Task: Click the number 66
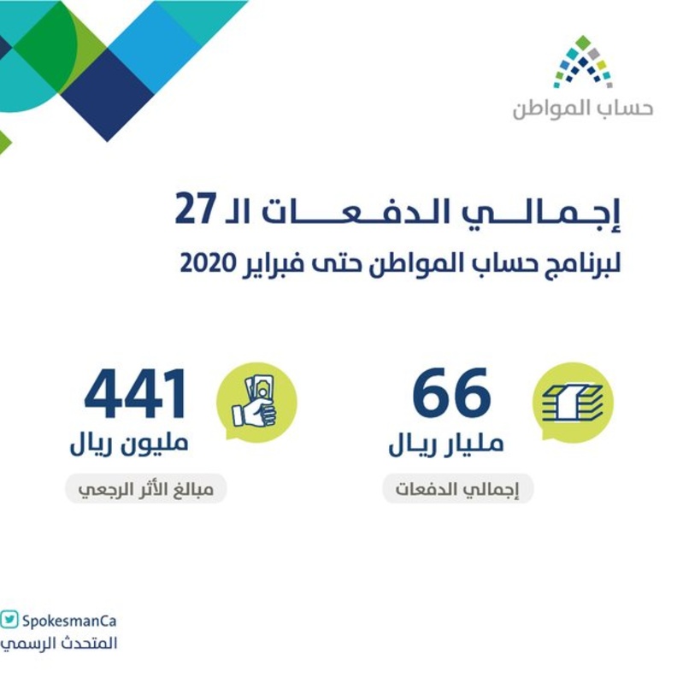pos(451,396)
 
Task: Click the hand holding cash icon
pos(256,403)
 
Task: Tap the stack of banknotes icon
pos(573,403)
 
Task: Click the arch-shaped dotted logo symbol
pos(582,65)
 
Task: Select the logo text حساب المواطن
pos(582,109)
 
